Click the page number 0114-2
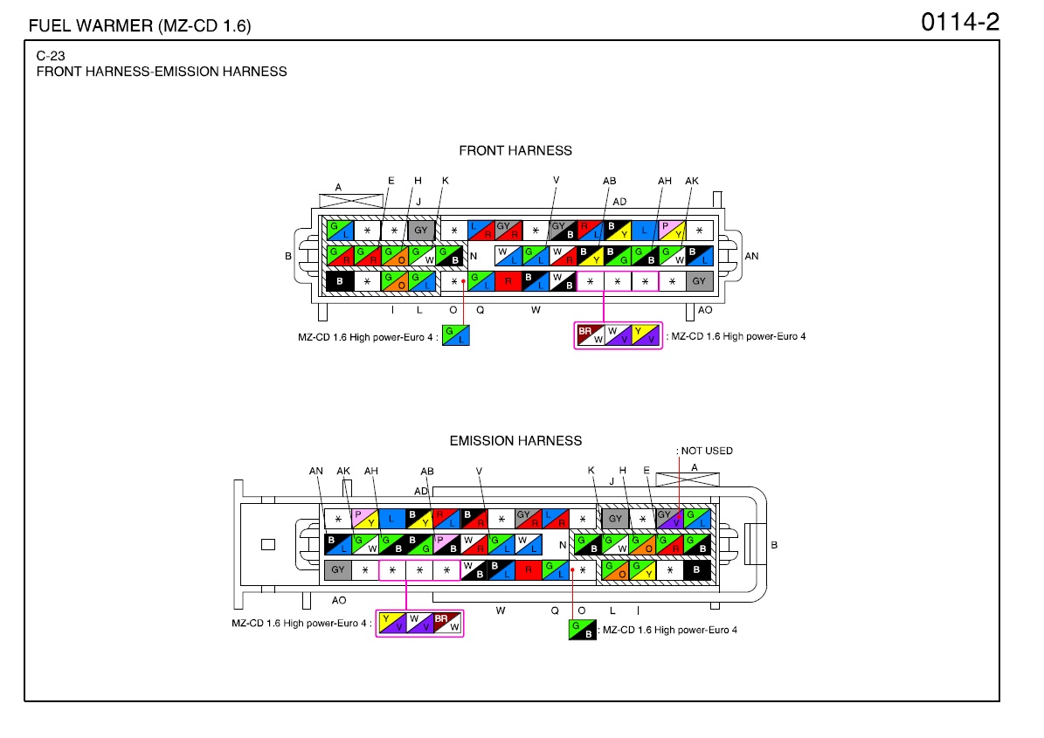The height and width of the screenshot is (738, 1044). (959, 22)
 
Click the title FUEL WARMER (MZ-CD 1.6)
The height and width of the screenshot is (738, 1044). (140, 26)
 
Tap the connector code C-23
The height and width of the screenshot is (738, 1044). (51, 56)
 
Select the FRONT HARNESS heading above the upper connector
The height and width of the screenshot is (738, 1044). (515, 150)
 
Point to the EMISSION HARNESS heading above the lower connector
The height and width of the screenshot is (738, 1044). (515, 440)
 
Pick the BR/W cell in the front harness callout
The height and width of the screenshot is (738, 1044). (591, 335)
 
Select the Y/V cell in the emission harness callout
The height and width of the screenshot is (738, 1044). (392, 623)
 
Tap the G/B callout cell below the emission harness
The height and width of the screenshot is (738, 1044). (583, 630)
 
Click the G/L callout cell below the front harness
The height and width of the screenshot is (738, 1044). (456, 335)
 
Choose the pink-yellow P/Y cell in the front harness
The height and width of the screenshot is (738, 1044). (673, 231)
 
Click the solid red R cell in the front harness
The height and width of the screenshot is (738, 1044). (508, 281)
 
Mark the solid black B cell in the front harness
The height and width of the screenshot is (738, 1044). (340, 281)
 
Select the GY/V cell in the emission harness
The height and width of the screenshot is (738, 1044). (670, 519)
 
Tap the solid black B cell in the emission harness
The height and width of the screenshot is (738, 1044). (696, 569)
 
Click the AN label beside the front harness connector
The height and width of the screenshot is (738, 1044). (751, 256)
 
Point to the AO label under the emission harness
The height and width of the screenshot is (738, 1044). (339, 600)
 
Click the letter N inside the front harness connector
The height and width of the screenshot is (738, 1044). (474, 256)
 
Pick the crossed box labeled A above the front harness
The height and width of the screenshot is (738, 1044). (351, 200)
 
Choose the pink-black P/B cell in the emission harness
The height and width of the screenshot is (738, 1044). (446, 544)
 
